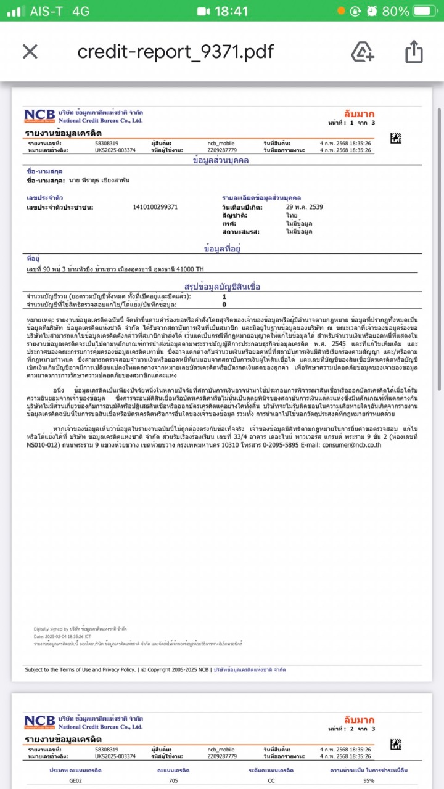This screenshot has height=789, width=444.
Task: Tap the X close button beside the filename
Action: pyautogui.click(x=30, y=52)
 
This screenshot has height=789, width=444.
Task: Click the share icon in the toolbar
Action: pyautogui.click(x=414, y=52)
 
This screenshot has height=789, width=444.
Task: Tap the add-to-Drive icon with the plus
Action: pyautogui.click(x=363, y=52)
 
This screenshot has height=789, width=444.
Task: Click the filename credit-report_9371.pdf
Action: pyautogui.click(x=175, y=52)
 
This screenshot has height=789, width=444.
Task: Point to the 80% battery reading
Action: pyautogui.click(x=395, y=11)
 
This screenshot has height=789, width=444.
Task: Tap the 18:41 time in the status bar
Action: pyautogui.click(x=231, y=11)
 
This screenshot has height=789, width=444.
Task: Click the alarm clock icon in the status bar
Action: pyautogui.click(x=372, y=11)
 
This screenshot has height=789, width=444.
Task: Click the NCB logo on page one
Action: pyautogui.click(x=39, y=116)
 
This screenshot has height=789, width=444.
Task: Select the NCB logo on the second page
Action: pyautogui.click(x=39, y=721)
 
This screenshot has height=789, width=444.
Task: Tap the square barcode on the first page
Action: pyautogui.click(x=396, y=139)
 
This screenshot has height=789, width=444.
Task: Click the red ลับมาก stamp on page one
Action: pyautogui.click(x=359, y=114)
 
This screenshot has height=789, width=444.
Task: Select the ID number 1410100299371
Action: pyautogui.click(x=155, y=207)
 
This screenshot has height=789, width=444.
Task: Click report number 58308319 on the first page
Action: pyautogui.click(x=107, y=144)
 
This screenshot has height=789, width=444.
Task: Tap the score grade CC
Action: pyautogui.click(x=271, y=780)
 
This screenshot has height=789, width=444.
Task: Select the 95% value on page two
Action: pyautogui.click(x=369, y=780)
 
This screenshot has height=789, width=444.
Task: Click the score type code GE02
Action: pyautogui.click(x=75, y=780)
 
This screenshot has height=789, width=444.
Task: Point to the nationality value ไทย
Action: pyautogui.click(x=291, y=216)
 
